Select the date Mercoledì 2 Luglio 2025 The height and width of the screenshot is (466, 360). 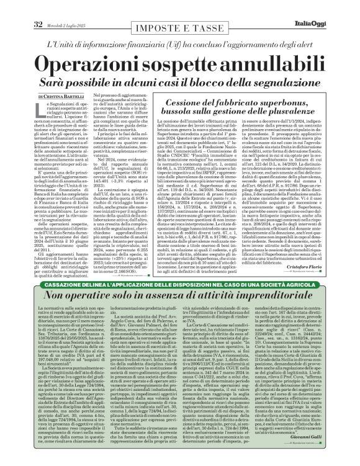tap(52, 7)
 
